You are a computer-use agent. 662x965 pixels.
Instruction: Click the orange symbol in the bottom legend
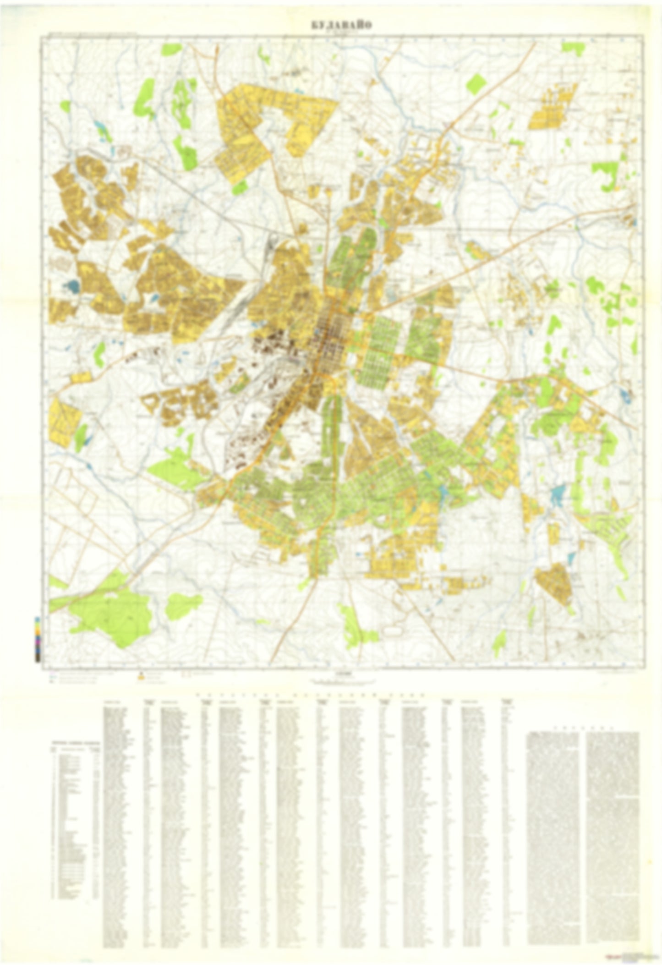(x=141, y=675)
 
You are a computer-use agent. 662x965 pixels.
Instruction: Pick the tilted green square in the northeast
(x=476, y=83)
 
